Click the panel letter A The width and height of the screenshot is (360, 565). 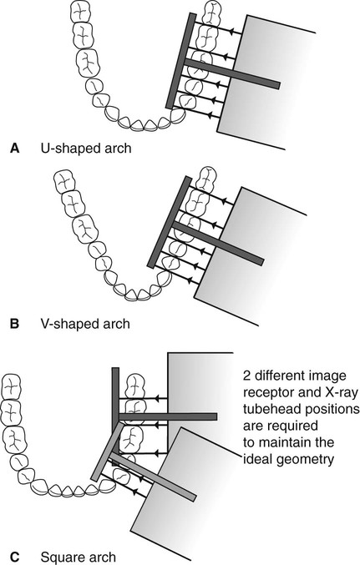tap(15, 148)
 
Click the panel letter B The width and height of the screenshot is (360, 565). tap(14, 324)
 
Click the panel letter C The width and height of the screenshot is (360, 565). tap(15, 557)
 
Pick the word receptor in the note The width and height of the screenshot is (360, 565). tap(267, 393)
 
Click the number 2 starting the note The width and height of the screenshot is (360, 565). tap(246, 376)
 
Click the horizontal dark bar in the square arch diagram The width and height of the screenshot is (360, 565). tap(168, 417)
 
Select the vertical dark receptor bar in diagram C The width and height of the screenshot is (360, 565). tap(115, 416)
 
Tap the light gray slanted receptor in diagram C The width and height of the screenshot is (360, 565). tap(107, 451)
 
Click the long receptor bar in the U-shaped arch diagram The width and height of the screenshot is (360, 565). tap(180, 61)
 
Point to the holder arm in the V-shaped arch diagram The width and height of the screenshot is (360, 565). tap(218, 244)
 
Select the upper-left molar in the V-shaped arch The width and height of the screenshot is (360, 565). tap(65, 182)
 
